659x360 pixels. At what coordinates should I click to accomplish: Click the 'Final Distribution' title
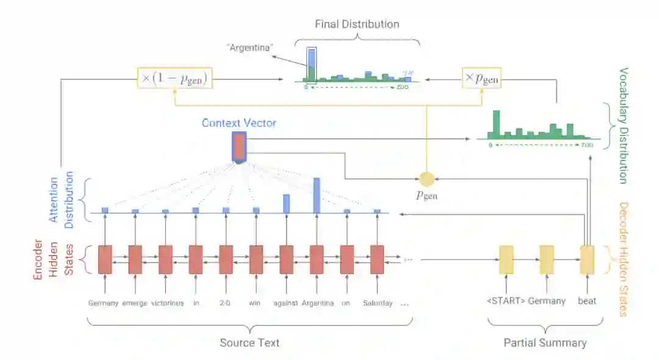tap(357, 24)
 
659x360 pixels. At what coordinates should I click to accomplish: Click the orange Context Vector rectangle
tap(239, 147)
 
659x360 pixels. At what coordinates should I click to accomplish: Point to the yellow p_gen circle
tap(427, 179)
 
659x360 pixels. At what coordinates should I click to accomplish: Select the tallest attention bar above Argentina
tap(317, 195)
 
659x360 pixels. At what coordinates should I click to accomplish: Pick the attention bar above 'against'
tap(286, 204)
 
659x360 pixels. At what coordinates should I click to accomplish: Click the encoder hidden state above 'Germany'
tap(105, 259)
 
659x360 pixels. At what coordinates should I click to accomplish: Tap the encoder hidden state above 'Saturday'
tap(377, 259)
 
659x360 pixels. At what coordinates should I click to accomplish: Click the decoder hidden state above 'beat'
tap(587, 259)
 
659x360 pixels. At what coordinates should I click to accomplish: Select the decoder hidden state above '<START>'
tap(506, 259)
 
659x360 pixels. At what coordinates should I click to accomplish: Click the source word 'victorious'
tap(167, 303)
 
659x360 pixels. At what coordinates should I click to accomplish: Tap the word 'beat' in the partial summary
tap(587, 301)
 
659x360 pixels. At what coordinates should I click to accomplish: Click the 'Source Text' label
tap(250, 342)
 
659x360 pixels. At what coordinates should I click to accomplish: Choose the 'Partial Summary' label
tap(545, 342)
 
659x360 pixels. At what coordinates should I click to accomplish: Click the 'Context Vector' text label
tap(239, 123)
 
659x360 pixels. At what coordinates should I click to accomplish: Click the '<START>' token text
tap(505, 301)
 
